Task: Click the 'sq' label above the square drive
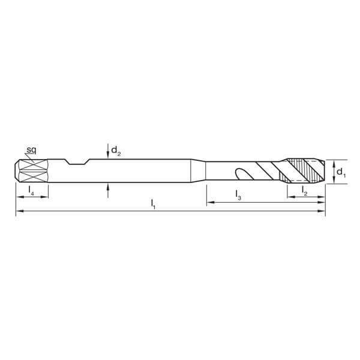[31, 148]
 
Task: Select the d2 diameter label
[116, 153]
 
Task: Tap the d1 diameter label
[340, 173]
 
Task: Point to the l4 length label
[31, 190]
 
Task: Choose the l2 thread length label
[305, 190]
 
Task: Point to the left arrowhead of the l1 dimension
[19, 211]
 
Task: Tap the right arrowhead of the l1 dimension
[322, 211]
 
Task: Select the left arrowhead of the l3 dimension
[209, 203]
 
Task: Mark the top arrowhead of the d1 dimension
[331, 161]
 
